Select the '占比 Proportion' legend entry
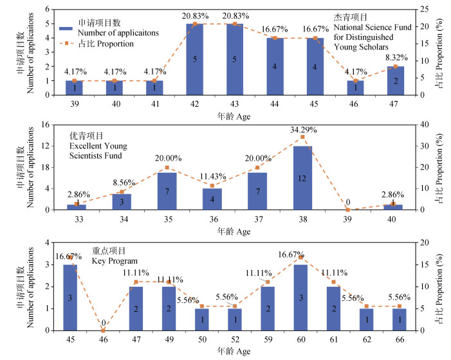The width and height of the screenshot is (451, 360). point(104,44)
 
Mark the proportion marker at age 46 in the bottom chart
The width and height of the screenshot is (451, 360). point(103,330)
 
